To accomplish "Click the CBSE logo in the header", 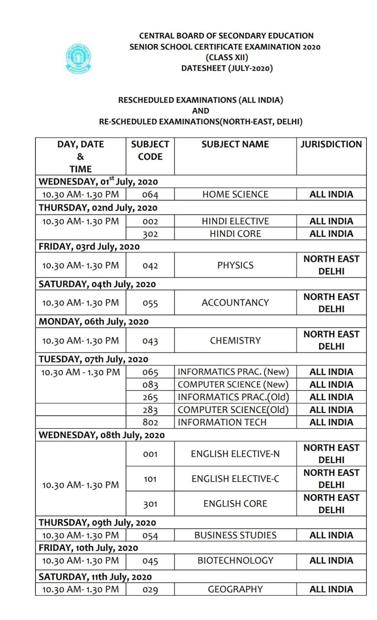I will coord(78,58).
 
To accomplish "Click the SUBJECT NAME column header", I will coord(235,144).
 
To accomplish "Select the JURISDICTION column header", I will coord(331,144).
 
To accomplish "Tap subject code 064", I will coord(150,195).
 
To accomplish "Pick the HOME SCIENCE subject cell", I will coord(235,194).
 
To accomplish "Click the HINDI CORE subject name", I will coord(235,233).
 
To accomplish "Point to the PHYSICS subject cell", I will coord(235,265).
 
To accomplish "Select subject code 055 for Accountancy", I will coord(150,303).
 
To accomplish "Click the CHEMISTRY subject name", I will coord(235,341).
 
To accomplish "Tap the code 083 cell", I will coord(150,385).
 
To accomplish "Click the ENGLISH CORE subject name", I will coord(235,504).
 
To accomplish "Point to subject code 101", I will coord(150,479).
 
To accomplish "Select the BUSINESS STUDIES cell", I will coord(235,535).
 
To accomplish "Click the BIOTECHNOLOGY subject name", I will coord(235,560).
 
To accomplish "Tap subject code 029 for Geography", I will coord(150,590).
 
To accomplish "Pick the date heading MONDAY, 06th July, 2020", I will coord(94,322).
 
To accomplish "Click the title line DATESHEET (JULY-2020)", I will coord(227,68).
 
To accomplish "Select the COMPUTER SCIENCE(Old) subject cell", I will coord(233,410).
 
